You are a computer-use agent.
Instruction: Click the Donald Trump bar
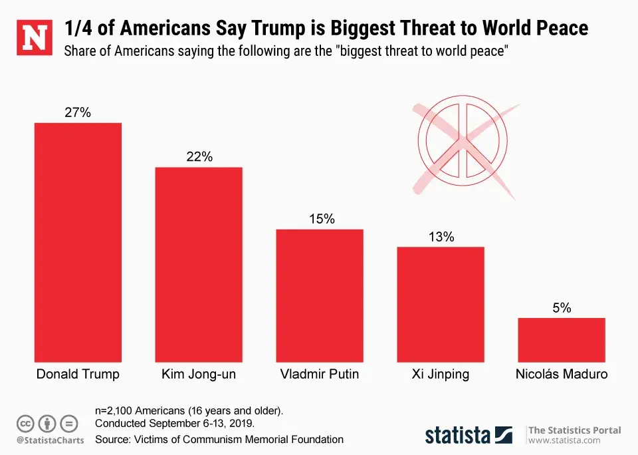tap(78, 242)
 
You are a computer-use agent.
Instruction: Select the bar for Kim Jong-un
tap(199, 264)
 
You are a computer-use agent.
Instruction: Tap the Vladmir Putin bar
tap(320, 295)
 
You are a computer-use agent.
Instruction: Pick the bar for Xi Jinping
tap(441, 304)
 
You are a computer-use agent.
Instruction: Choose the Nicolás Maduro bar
tap(562, 340)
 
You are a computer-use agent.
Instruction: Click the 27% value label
tap(78, 112)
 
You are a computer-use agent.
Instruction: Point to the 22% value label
tap(199, 157)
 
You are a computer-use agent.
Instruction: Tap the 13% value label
tap(441, 237)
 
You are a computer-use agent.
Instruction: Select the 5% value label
tap(562, 308)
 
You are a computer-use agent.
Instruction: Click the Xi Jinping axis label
tap(441, 375)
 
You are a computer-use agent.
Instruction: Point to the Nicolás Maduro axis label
tap(562, 375)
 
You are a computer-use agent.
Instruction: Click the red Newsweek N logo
tap(34, 37)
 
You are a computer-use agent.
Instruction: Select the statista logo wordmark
tap(458, 435)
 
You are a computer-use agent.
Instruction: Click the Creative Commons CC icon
tap(25, 422)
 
